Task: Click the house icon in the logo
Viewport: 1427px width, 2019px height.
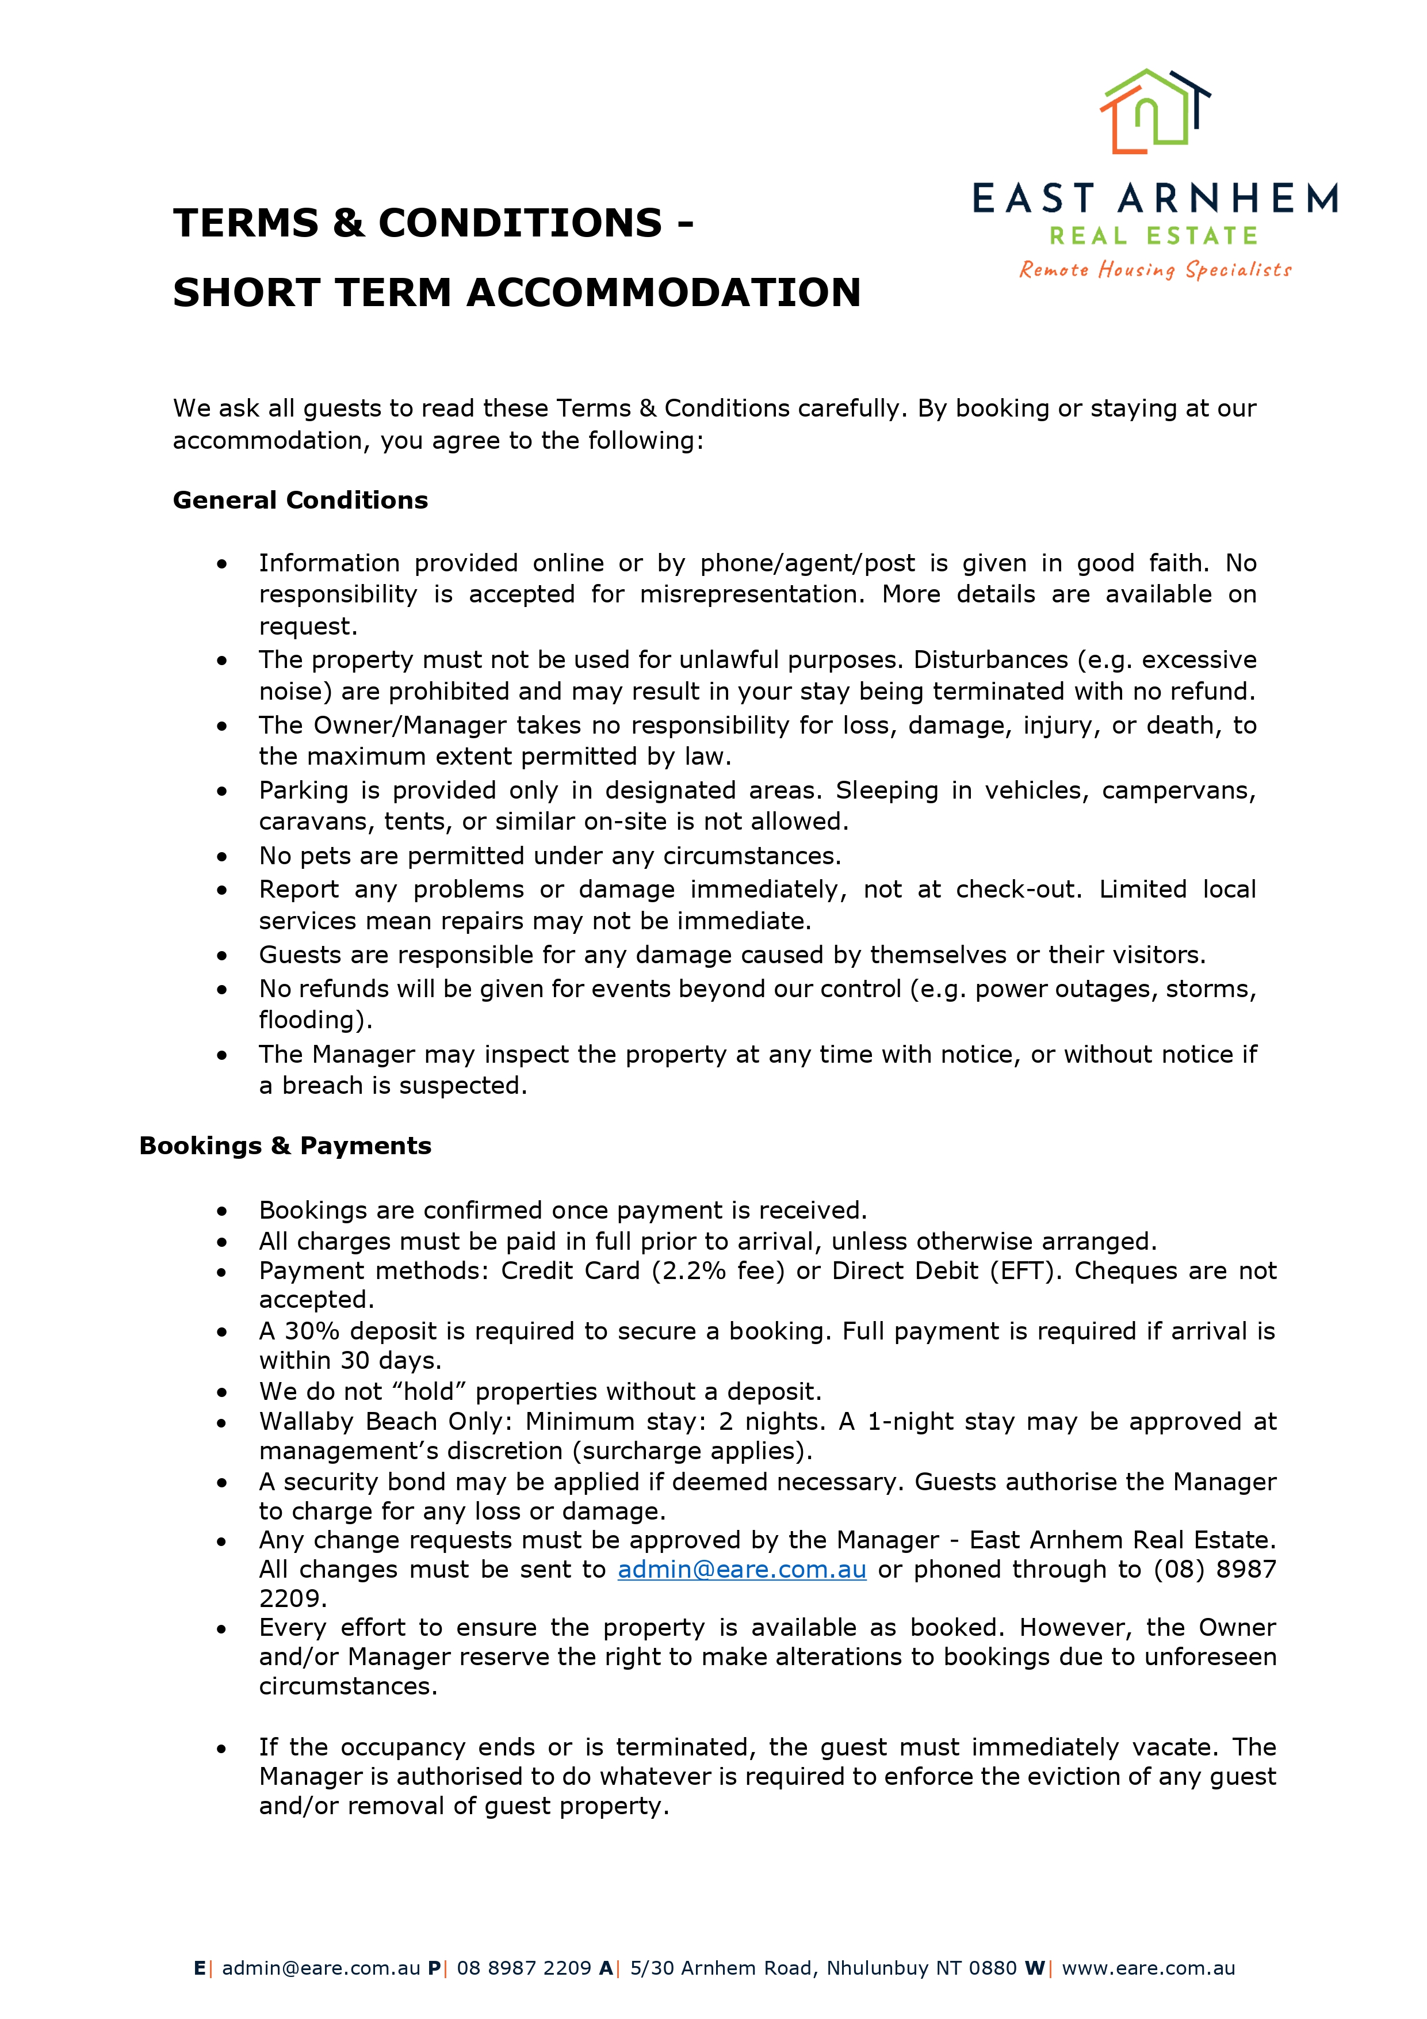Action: click(x=1154, y=111)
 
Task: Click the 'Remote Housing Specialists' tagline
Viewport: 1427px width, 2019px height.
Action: click(x=1154, y=269)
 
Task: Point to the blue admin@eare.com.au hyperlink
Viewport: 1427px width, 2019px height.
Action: click(x=741, y=1569)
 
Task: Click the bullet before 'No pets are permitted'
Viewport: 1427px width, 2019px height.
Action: click(x=223, y=857)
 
